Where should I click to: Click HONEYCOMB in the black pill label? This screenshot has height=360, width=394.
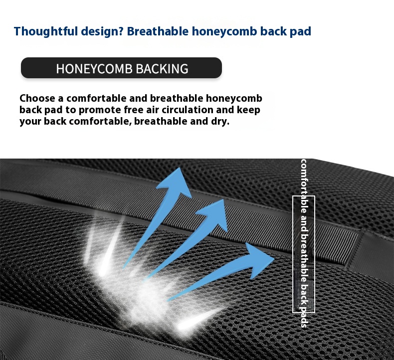[94, 69]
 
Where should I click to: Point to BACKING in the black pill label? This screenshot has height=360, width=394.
[162, 69]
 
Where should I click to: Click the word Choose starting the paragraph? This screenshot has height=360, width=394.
[37, 98]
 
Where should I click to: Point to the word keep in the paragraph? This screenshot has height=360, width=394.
[248, 110]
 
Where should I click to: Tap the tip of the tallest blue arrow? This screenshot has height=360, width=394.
[180, 168]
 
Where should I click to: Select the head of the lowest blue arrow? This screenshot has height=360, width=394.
[259, 260]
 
